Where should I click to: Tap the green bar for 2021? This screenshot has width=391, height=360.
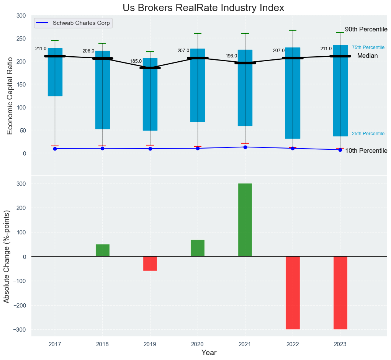point(245,220)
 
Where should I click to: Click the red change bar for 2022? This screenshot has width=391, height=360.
point(293,293)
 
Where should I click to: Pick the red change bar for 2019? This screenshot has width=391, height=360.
point(150,263)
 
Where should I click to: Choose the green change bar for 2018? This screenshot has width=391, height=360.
point(103,250)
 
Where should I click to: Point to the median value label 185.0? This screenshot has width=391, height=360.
point(136,61)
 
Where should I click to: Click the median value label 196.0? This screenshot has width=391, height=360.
point(231,56)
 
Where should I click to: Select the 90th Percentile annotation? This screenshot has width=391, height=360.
point(366,29)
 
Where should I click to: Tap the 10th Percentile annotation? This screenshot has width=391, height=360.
point(366,151)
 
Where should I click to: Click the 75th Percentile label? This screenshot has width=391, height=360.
point(368,47)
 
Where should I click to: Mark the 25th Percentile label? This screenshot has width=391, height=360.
point(368,134)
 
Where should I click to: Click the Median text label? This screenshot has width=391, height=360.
point(367,56)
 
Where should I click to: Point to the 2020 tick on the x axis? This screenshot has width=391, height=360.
point(198,344)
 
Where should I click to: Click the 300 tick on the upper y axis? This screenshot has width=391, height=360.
point(21,16)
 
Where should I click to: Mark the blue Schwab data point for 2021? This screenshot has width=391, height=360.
point(245,147)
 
